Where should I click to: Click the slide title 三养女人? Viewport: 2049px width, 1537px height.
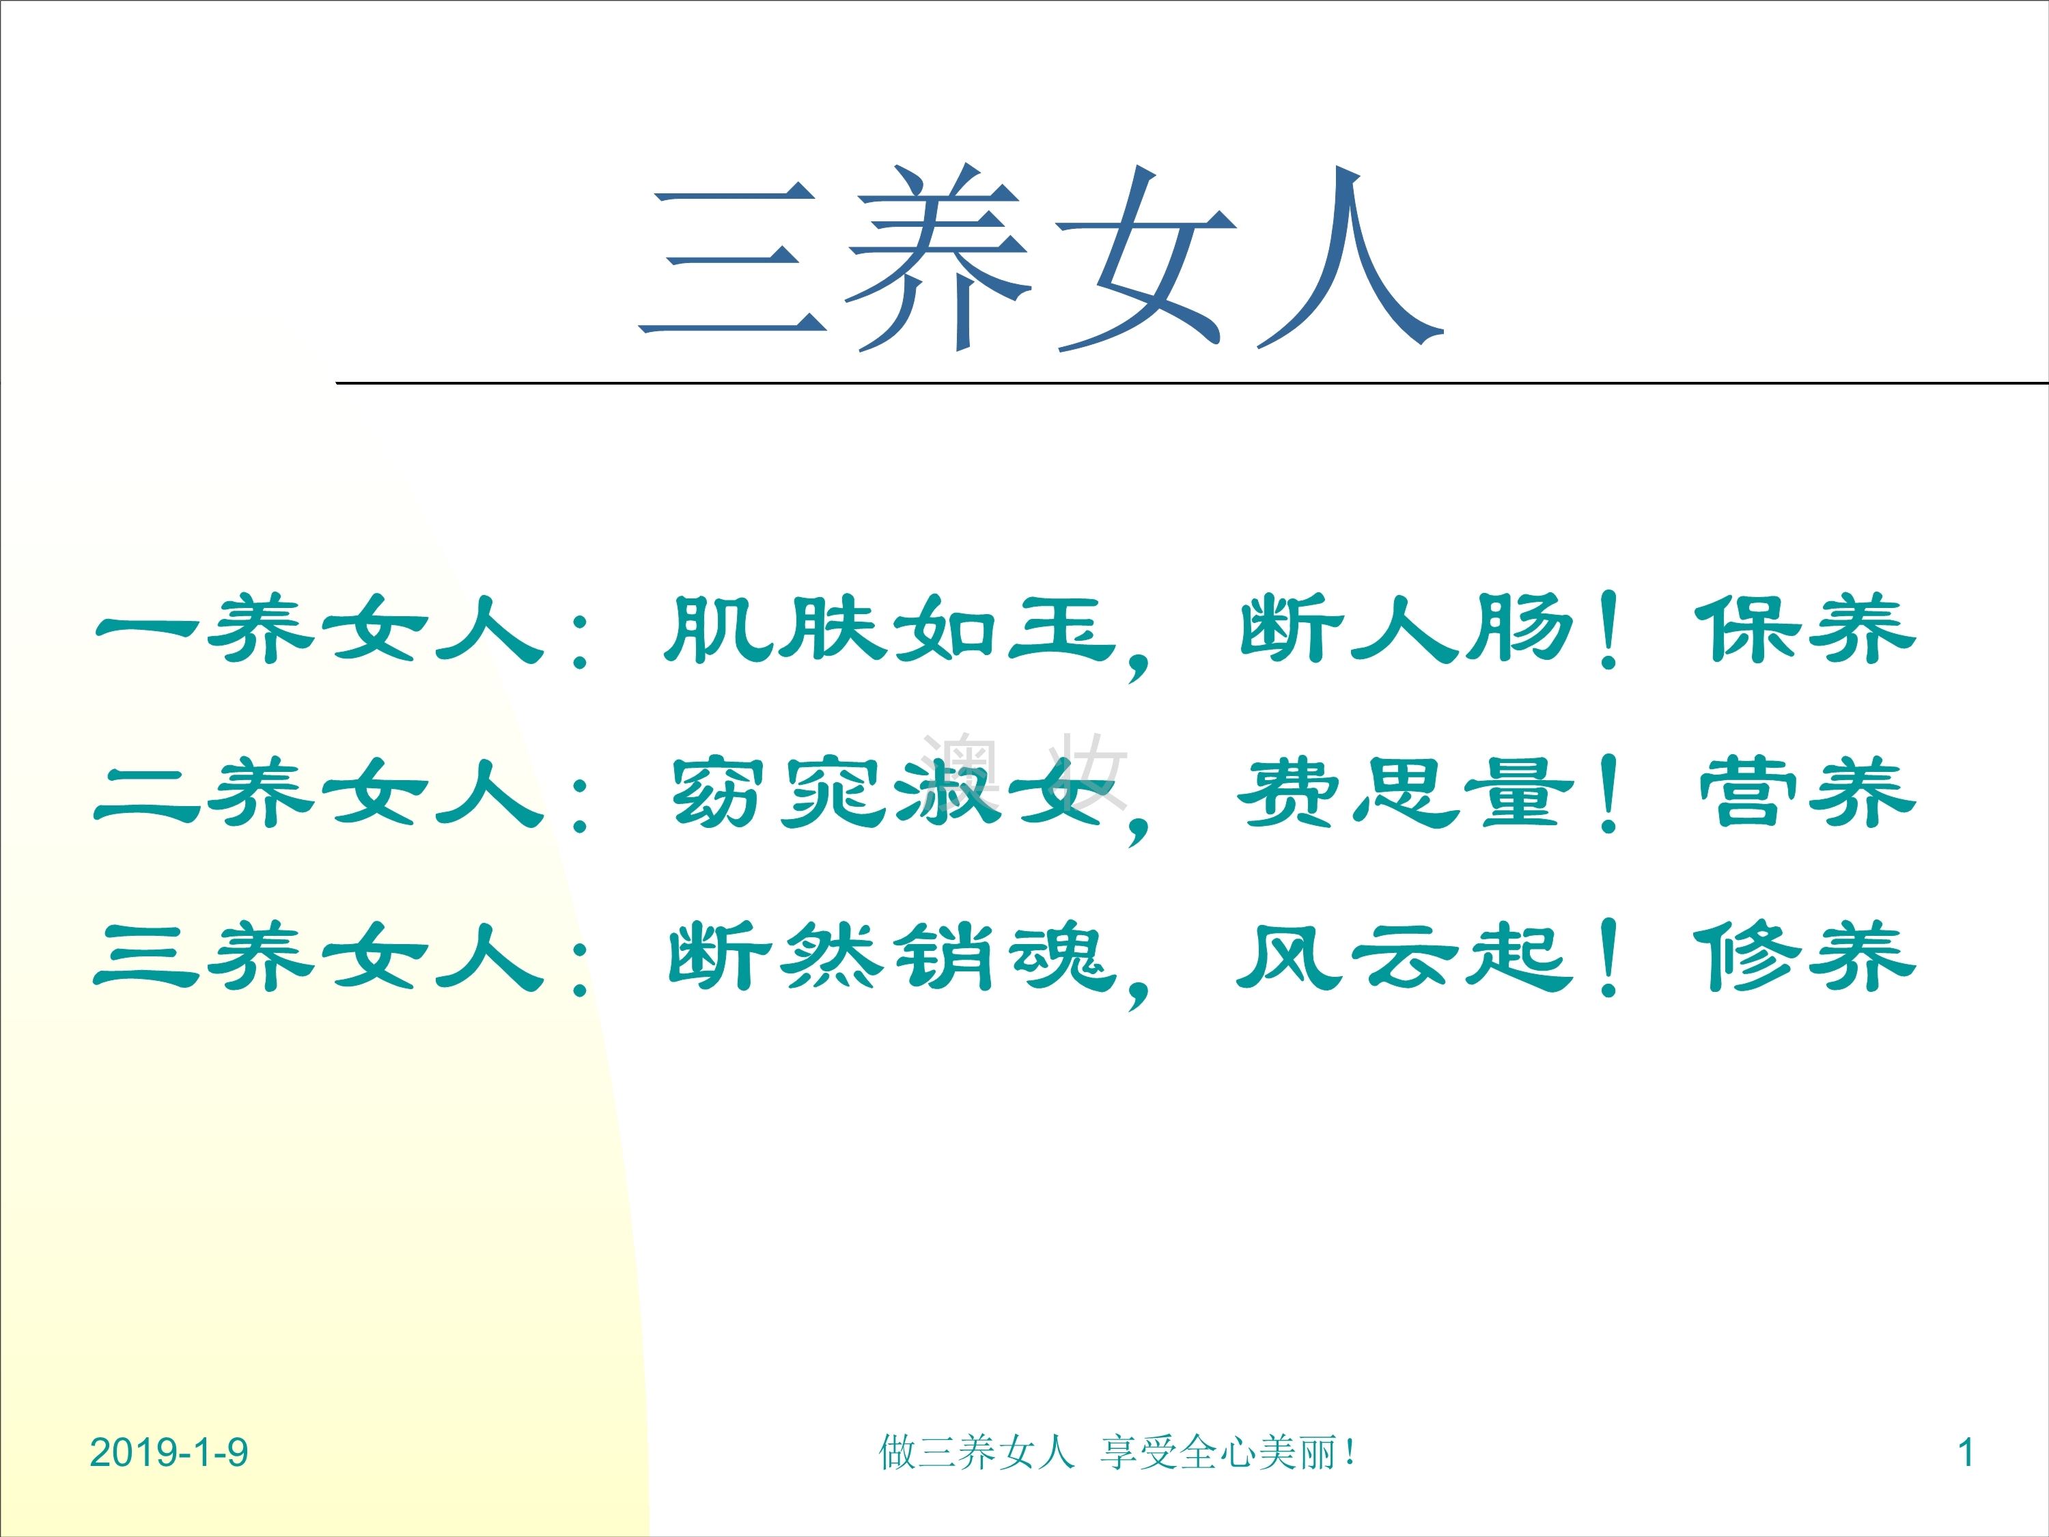pos(1041,257)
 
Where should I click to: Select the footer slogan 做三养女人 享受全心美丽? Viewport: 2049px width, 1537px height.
pos(1116,1452)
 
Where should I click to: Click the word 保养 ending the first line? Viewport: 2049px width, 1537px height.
pos(1804,629)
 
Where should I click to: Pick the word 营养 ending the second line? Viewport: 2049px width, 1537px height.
pos(1807,792)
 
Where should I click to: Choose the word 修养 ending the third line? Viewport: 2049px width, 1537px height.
pos(1804,956)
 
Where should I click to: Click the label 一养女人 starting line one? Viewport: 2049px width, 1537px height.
pos(319,629)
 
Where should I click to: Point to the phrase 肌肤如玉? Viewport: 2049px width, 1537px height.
pos(890,629)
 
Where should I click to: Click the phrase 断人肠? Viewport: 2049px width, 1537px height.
pos(1407,629)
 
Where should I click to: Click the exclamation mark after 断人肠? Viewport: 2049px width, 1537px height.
pos(1609,630)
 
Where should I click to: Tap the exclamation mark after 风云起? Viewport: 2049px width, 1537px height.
pos(1609,957)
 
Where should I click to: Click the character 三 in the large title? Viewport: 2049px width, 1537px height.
pos(731,260)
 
